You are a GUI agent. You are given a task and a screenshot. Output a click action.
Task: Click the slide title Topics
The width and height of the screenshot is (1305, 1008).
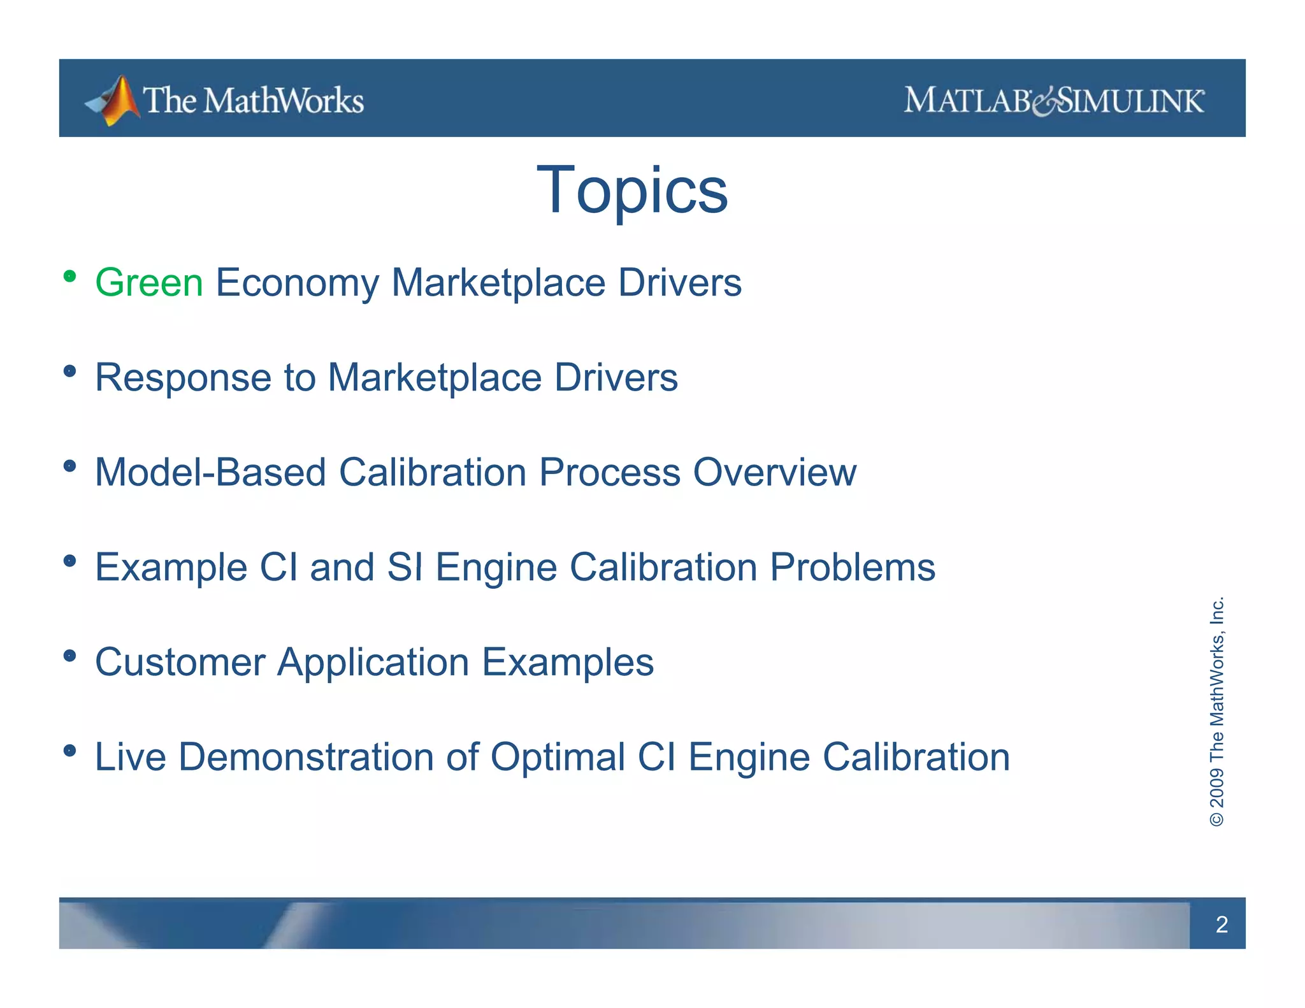[x=632, y=191]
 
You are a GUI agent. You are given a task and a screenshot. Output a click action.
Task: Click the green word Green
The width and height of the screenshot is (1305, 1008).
[x=149, y=282]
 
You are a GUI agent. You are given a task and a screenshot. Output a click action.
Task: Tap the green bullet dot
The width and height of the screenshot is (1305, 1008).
[x=70, y=277]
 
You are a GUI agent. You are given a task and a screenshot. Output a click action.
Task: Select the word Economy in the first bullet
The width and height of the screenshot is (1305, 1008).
[x=297, y=282]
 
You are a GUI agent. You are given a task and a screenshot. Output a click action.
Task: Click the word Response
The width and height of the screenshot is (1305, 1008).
[x=183, y=377]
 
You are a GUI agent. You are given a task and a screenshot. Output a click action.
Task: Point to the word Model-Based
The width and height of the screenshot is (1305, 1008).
[x=210, y=472]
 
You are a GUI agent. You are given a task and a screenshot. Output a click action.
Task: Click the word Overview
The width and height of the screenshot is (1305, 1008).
[x=774, y=472]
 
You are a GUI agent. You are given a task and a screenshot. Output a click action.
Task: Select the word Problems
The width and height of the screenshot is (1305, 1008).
[x=853, y=567]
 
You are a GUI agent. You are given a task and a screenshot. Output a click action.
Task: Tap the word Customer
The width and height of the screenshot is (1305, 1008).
[x=180, y=662]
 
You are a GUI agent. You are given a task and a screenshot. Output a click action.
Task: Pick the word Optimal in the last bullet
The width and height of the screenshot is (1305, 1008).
[x=558, y=757]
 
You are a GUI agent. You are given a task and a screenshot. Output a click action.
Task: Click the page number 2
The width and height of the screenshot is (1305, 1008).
[x=1221, y=925]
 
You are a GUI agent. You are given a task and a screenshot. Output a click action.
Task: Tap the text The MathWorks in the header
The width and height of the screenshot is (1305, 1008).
[x=254, y=101]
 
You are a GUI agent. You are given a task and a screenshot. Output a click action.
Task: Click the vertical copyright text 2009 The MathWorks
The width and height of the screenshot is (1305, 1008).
[x=1216, y=711]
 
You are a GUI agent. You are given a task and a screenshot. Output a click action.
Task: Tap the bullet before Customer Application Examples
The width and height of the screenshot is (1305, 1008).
[x=70, y=656]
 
